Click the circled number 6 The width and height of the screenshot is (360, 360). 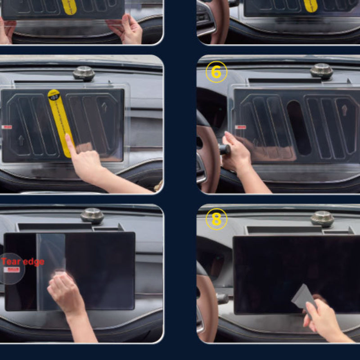216,72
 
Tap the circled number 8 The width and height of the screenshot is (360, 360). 216,219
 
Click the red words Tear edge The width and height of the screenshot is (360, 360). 22,262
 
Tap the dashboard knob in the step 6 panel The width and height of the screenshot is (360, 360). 321,71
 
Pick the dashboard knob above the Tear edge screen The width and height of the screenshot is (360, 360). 92,216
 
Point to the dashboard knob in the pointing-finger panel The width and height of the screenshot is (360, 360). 84,73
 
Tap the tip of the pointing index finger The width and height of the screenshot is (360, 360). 67,136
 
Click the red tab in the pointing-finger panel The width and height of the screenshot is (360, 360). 7,127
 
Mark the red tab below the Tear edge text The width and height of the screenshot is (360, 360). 10,270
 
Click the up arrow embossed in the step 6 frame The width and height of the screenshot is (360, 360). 344,110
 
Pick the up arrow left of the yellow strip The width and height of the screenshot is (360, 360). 21,140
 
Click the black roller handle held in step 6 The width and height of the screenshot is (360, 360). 225,149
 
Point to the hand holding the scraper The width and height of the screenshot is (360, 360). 320,319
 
